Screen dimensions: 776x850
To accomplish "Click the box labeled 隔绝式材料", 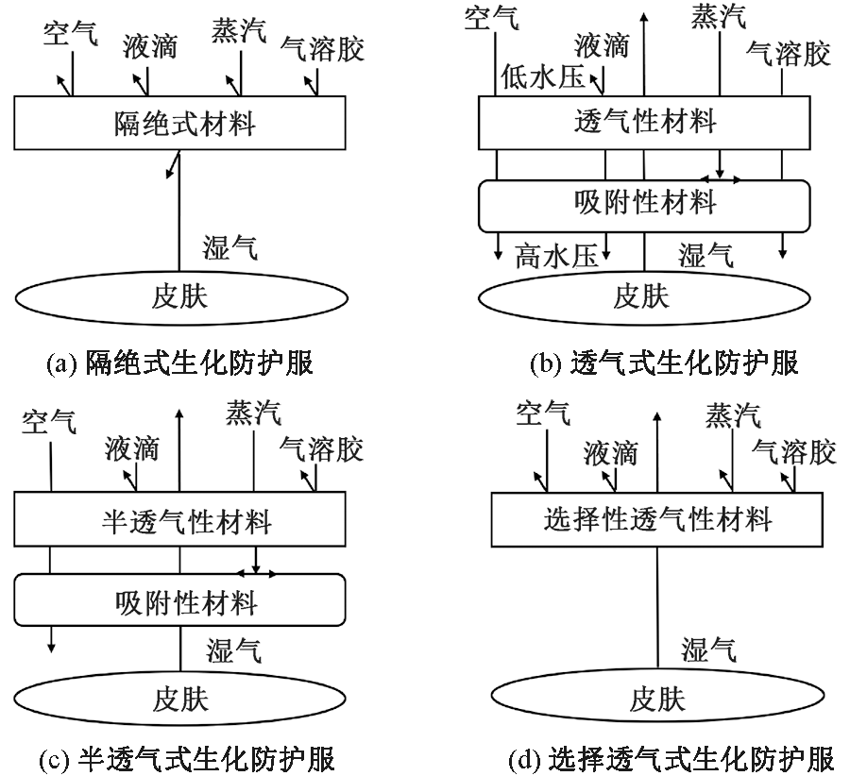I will (179, 123).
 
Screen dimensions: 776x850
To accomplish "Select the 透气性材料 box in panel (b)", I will (644, 122).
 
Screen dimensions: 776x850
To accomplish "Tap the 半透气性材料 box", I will (179, 520).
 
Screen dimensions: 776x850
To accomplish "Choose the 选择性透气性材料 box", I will (657, 520).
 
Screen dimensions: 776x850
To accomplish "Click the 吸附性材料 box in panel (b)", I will (644, 203).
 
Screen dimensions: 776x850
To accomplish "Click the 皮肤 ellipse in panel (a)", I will (179, 297).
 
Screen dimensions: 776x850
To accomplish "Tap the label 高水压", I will (556, 256).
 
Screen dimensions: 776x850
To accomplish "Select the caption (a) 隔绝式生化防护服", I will (179, 362).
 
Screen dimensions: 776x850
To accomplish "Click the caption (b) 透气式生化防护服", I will (658, 362).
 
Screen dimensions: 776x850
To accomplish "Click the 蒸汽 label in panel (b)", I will (718, 16).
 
